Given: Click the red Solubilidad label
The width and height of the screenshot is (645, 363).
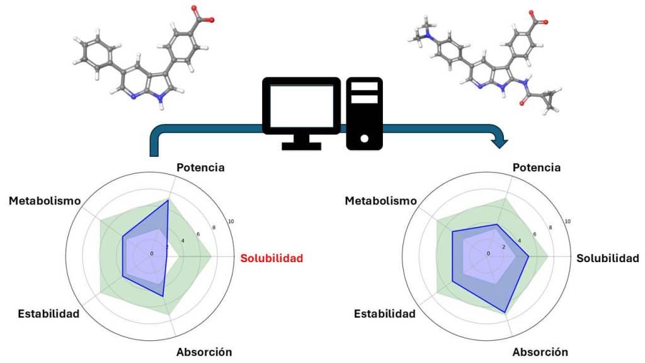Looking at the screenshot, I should click(271, 258).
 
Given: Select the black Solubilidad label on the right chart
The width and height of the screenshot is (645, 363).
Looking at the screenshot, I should click(608, 258).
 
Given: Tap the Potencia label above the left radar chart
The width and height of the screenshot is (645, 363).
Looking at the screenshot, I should click(200, 168).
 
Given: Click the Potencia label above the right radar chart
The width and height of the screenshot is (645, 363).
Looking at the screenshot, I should click(537, 168).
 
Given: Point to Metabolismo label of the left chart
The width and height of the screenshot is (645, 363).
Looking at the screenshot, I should click(45, 201).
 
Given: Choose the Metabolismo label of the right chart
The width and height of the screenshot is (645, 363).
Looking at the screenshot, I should click(381, 201).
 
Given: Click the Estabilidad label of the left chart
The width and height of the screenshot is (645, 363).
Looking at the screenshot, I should click(49, 313).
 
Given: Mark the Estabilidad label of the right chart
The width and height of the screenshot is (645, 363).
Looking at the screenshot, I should click(385, 313).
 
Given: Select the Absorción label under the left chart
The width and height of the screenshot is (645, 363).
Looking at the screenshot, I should click(204, 352).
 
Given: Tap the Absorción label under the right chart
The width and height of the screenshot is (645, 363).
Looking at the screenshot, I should click(540, 352).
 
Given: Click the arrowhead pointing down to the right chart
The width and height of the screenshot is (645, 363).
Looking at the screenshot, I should click(499, 143).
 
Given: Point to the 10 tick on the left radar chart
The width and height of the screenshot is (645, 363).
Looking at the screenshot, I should click(231, 222).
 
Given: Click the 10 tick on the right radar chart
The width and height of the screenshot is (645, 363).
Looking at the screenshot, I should click(568, 222).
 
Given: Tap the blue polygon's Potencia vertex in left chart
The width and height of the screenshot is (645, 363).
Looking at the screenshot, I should click(168, 200).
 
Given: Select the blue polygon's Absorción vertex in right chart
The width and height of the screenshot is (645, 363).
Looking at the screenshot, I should click(505, 312).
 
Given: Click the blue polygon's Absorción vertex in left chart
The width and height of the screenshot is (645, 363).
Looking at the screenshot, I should click(163, 296).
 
